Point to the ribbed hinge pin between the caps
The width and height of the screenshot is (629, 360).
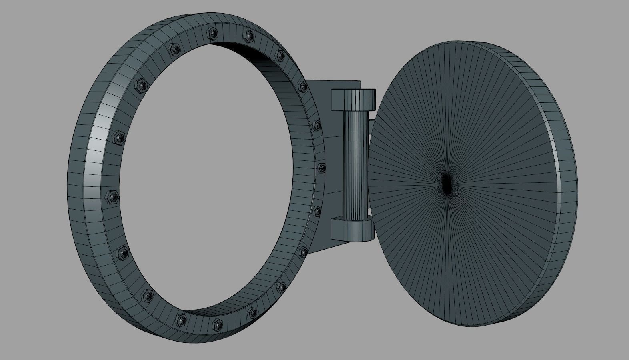355,164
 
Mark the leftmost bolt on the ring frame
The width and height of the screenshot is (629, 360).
111,196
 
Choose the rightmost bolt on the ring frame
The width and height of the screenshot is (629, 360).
321,168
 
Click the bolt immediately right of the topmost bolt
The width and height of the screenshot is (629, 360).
249,36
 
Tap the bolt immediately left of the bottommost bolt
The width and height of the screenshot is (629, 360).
181,319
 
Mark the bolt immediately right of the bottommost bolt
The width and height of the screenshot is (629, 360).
252,313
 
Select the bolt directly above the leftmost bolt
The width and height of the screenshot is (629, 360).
119,137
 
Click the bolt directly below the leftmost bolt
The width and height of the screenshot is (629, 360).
123,252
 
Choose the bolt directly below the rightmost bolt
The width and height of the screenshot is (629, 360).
318,211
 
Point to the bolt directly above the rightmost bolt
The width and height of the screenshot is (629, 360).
317,125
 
